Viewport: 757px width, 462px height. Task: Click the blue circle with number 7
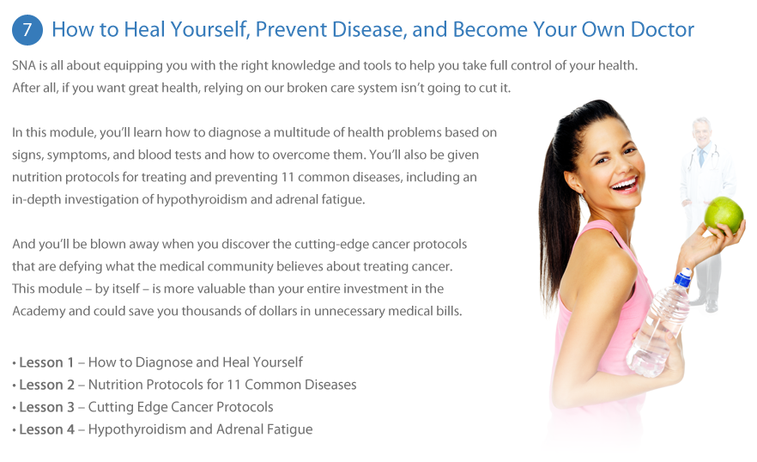coord(27,30)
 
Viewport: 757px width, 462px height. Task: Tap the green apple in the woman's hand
coord(724,215)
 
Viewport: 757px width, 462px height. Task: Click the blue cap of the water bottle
coord(682,278)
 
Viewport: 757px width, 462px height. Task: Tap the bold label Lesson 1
coord(46,362)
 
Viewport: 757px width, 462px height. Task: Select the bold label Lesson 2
coord(47,385)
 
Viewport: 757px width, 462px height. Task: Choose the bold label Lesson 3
coord(47,407)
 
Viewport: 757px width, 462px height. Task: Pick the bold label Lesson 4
coord(47,429)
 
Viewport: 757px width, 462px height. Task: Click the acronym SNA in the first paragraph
coord(24,65)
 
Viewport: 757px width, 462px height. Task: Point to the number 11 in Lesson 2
coord(233,385)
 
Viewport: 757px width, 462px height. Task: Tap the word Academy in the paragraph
coord(39,311)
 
